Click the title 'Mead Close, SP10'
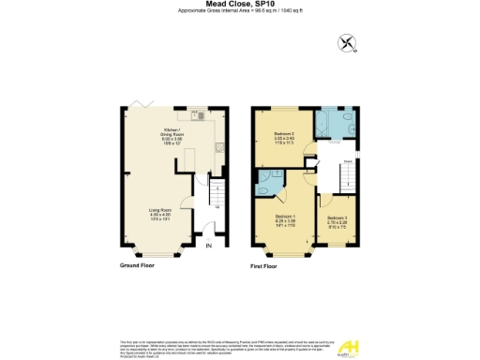pos(239,5)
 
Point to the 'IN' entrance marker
pos(210,246)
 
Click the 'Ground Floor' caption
pos(136,265)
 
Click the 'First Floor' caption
pos(264,265)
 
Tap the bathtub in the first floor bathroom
pos(334,121)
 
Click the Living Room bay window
pos(157,252)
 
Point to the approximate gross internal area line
pos(239,12)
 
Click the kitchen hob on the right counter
pos(218,147)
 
